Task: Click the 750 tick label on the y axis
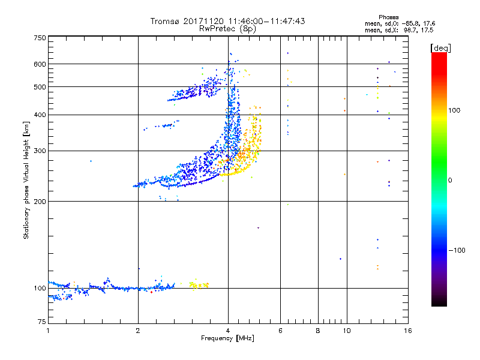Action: coord(40,38)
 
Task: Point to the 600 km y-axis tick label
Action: coord(40,64)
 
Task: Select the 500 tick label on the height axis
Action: coord(40,87)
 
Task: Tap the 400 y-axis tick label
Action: coord(40,115)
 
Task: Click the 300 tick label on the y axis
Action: coord(40,151)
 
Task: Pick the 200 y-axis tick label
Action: coord(40,201)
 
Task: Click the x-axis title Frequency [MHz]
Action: coord(228,338)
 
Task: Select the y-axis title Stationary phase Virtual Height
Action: coord(26,180)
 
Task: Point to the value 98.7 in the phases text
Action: coord(410,29)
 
